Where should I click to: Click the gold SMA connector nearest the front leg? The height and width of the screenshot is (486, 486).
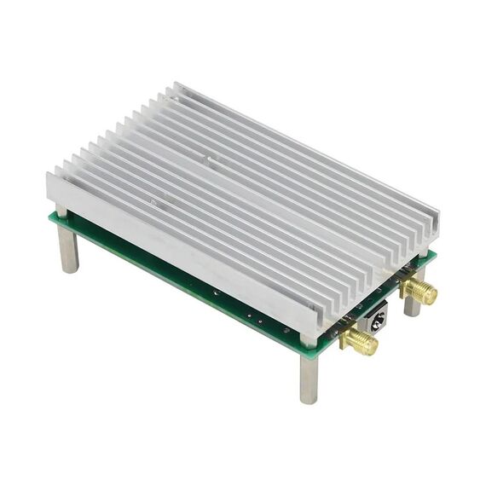click(359, 340)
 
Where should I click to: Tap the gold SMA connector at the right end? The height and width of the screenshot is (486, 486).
click(418, 291)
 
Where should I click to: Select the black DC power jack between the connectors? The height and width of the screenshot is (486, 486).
click(376, 319)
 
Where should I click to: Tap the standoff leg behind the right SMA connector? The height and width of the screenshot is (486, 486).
click(412, 304)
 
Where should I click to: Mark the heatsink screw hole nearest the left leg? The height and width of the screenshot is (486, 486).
click(153, 202)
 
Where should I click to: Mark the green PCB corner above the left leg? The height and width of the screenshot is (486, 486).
click(50, 217)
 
